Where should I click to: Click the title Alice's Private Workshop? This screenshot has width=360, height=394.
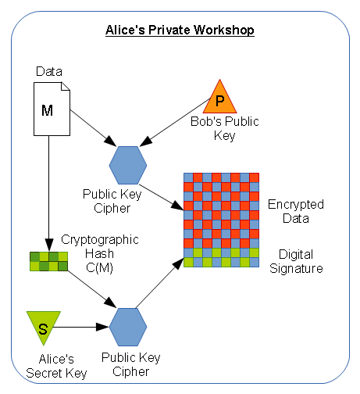click(x=180, y=30)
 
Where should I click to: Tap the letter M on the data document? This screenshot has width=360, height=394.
click(x=47, y=110)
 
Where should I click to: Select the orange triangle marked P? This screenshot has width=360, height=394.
click(x=219, y=98)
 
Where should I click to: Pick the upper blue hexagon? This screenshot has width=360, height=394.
click(x=128, y=165)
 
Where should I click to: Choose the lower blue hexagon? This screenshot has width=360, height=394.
click(x=128, y=327)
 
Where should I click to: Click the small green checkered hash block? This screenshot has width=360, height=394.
click(x=48, y=261)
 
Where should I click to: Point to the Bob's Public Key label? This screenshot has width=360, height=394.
click(x=225, y=128)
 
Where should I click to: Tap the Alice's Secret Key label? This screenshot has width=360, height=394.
click(x=56, y=366)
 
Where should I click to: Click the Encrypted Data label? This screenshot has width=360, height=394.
click(x=296, y=211)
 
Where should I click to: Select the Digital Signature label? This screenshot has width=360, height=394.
click(x=296, y=261)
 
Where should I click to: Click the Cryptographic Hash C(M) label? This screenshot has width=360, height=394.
click(x=100, y=253)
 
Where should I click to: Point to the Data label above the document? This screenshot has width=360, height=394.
click(x=49, y=71)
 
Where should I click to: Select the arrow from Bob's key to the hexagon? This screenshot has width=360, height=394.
click(x=176, y=122)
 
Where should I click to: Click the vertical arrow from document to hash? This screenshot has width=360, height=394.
click(x=49, y=193)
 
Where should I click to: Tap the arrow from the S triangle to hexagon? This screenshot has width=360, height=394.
click(x=80, y=327)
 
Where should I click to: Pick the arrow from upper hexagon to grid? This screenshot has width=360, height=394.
click(x=162, y=197)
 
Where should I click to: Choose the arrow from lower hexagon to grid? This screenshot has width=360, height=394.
click(x=160, y=283)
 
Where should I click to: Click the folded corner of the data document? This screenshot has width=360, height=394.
click(x=66, y=87)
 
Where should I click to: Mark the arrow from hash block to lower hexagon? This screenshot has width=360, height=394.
click(x=92, y=289)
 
